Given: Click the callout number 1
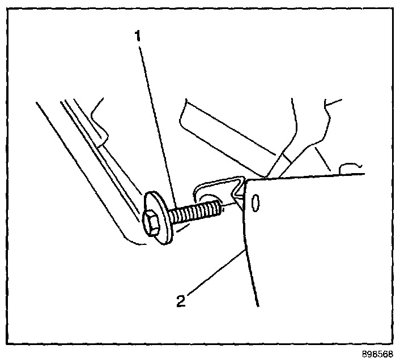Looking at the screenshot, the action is pyautogui.click(x=137, y=37).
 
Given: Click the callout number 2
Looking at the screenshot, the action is pyautogui.click(x=181, y=300).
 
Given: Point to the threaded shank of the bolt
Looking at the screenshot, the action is pyautogui.click(x=195, y=213).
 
